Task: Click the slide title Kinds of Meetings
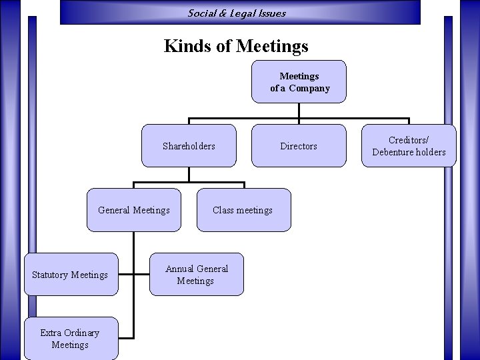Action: point(236,46)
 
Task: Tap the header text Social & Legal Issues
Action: point(237,13)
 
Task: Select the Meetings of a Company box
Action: point(299,82)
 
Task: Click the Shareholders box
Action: point(189,146)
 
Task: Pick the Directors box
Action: point(299,146)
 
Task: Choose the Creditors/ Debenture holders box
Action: point(409,146)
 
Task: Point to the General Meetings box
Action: point(133,210)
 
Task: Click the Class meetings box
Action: point(243,210)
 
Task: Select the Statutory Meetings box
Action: point(70,275)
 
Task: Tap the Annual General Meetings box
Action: point(196,275)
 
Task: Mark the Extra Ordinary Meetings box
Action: point(70,339)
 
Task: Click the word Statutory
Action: point(51,275)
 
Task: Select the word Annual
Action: point(179,269)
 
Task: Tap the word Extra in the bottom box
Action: point(51,333)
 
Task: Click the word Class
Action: point(223,210)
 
